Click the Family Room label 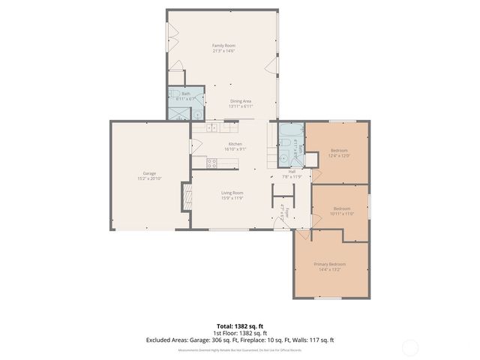[223, 49]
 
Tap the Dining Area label [240, 103]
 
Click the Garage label [129, 175]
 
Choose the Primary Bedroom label [329, 266]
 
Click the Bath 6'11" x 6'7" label [185, 96]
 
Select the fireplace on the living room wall [187, 199]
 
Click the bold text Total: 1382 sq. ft [239, 326]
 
